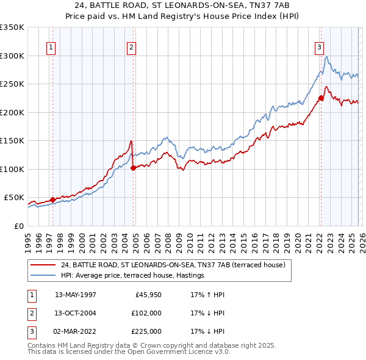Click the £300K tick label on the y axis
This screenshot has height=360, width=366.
(x=12, y=56)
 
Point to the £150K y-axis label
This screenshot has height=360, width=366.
(x=12, y=140)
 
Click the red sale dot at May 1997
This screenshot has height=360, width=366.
(x=53, y=200)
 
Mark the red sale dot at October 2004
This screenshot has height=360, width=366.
(x=133, y=168)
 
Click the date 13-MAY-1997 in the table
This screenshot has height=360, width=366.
(x=75, y=294)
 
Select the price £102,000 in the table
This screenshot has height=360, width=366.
(x=146, y=313)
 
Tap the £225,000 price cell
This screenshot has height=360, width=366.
(x=146, y=331)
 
